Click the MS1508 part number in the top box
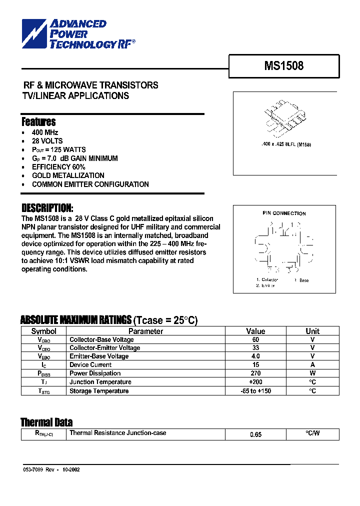pyautogui.click(x=284, y=65)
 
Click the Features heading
pyautogui.click(x=38, y=122)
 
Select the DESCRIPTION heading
pyautogui.click(x=47, y=208)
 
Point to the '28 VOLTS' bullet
pyautogui.click(x=47, y=141)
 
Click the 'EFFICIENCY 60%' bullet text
pyautogui.click(x=58, y=167)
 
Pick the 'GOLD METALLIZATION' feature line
pyautogui.click(x=68, y=175)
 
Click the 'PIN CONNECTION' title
pyautogui.click(x=284, y=213)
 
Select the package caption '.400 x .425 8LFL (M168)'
pyautogui.click(x=282, y=144)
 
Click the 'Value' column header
pyautogui.click(x=255, y=331)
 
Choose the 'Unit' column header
pyautogui.click(x=312, y=331)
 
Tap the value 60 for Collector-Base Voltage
pyautogui.click(x=255, y=339)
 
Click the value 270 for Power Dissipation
pyautogui.click(x=255, y=373)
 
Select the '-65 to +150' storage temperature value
pyautogui.click(x=255, y=390)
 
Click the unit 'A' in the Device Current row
pyautogui.click(x=312, y=365)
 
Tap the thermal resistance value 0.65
pyautogui.click(x=255, y=434)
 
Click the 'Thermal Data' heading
pyautogui.click(x=46, y=422)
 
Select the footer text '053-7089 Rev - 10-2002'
pyautogui.click(x=51, y=470)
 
